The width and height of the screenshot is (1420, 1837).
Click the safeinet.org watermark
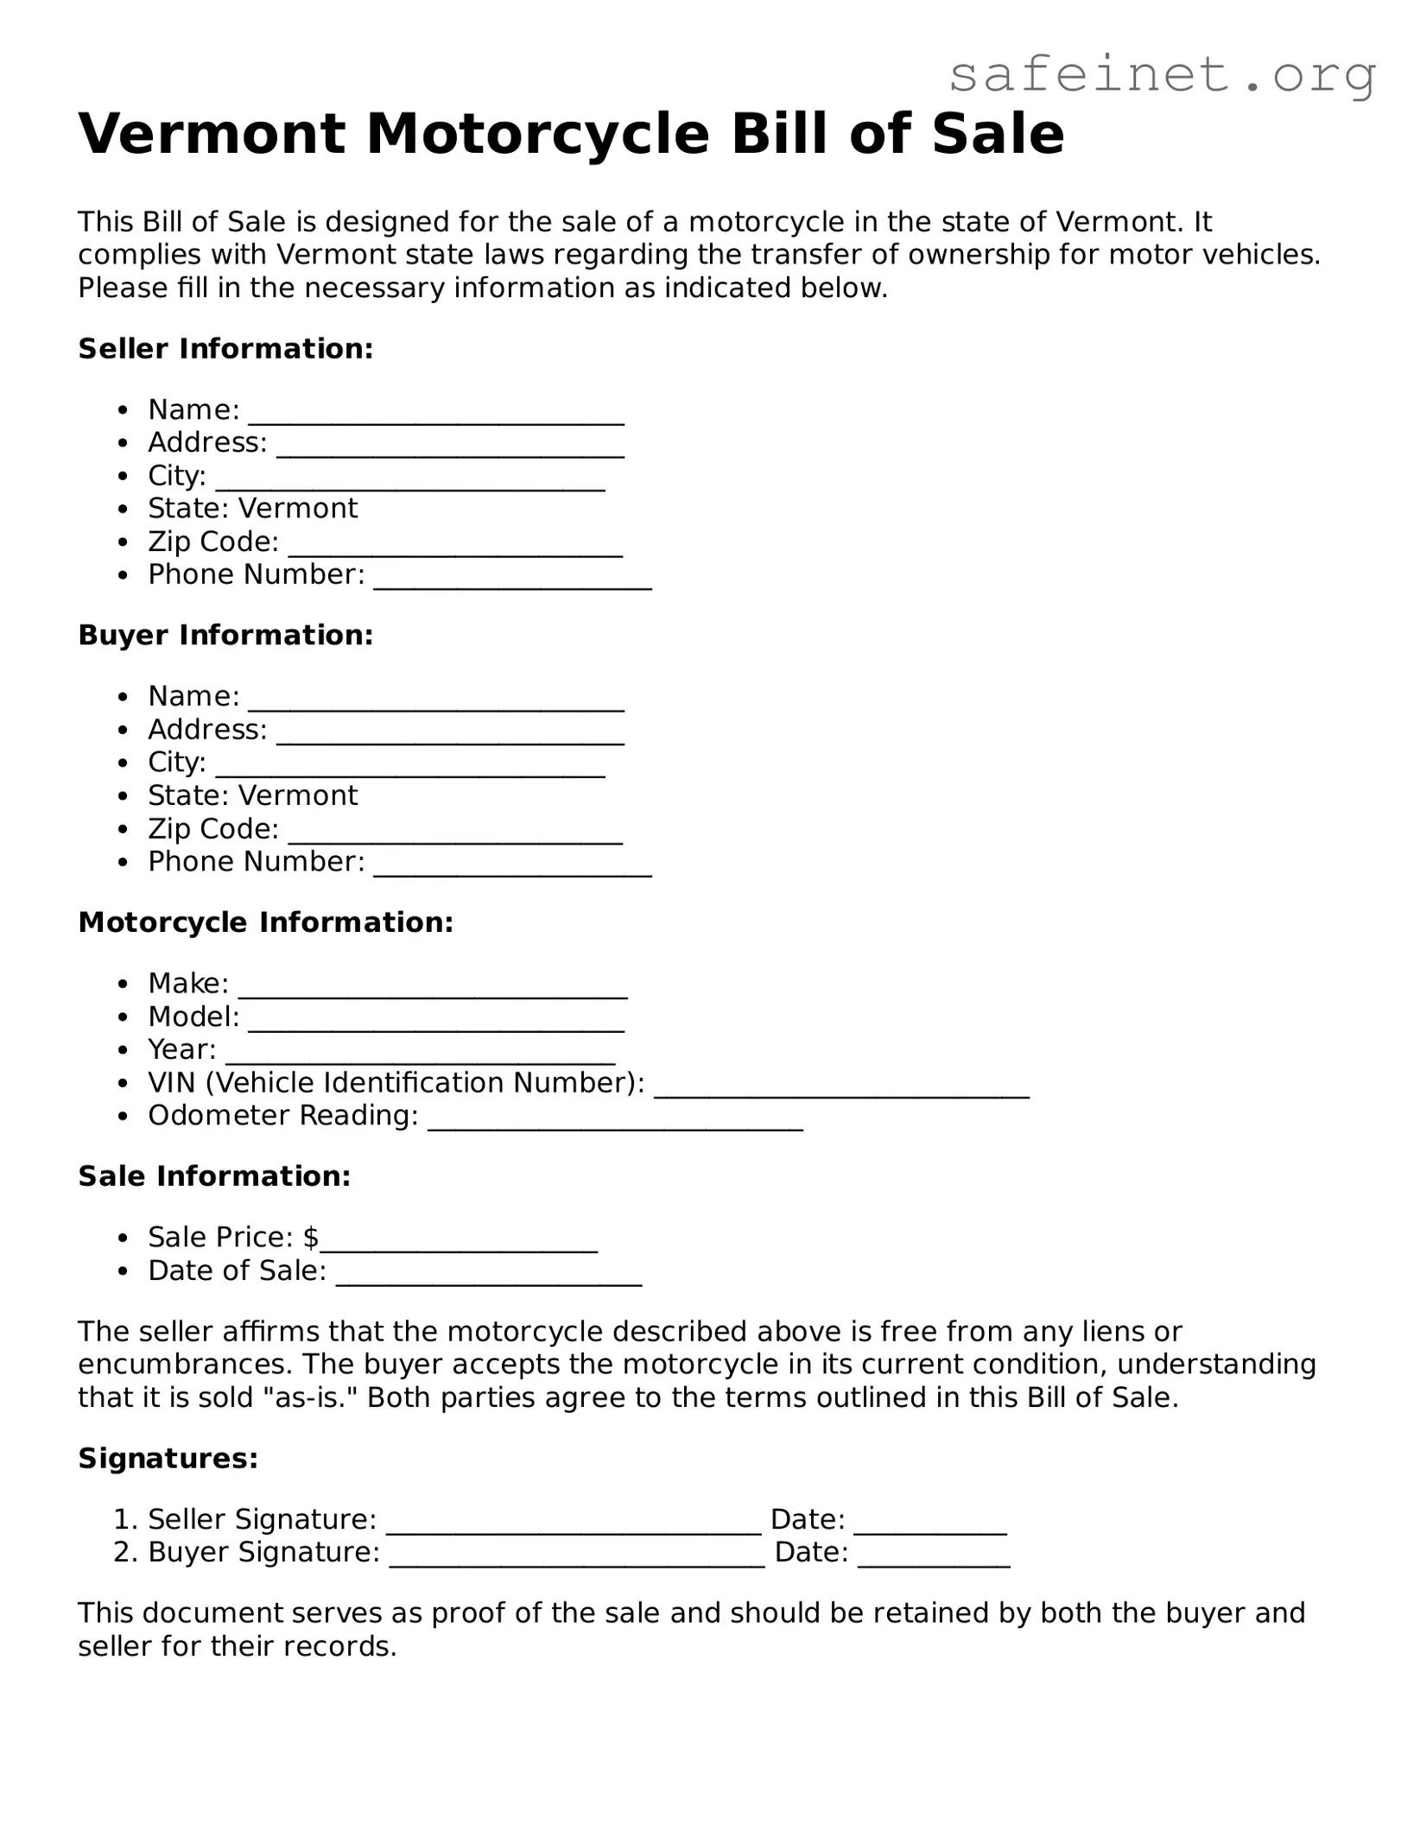pos(1162,75)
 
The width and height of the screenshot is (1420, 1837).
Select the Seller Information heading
pos(225,349)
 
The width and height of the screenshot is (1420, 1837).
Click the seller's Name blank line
pos(436,417)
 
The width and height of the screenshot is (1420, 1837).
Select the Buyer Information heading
pos(225,636)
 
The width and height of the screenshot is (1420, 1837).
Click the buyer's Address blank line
pos(450,737)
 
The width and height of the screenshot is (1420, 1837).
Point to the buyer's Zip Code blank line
pos(455,836)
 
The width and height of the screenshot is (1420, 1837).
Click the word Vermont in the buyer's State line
pos(298,795)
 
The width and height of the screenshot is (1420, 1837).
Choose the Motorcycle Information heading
pos(265,922)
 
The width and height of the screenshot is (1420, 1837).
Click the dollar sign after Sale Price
pos(311,1238)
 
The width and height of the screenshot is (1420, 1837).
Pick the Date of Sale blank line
pos(488,1279)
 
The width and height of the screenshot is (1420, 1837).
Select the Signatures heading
pos(168,1459)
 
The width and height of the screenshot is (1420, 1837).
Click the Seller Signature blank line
pos(574,1528)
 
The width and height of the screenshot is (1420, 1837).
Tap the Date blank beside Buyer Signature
pos(934,1561)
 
